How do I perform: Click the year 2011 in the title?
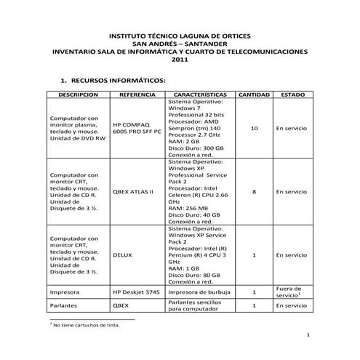(180, 60)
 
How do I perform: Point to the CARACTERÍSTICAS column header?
(201, 95)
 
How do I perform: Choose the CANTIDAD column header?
(254, 95)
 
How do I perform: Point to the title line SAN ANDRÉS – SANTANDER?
(180, 44)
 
